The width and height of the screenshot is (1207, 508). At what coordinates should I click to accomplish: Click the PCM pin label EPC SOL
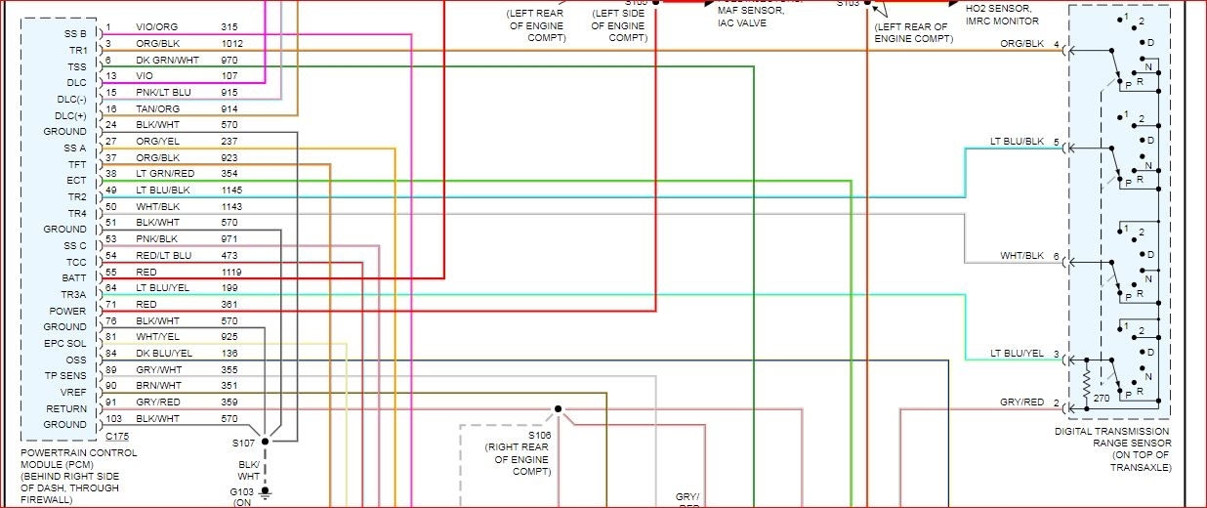[64, 343]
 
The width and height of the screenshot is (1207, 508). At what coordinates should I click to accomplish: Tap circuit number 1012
[231, 43]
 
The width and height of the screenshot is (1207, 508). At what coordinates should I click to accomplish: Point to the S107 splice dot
[265, 441]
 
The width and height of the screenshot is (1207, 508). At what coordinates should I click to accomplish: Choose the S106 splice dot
[558, 408]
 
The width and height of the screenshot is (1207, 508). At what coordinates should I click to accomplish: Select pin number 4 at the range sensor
[1056, 44]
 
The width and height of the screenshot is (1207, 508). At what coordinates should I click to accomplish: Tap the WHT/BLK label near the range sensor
[1021, 256]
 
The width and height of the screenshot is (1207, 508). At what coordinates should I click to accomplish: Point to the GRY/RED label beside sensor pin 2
[1021, 402]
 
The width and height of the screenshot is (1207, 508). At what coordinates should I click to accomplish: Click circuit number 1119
[231, 272]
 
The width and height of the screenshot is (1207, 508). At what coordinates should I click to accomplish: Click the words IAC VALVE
[741, 22]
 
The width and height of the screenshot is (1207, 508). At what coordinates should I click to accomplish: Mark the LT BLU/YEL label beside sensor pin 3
[1017, 354]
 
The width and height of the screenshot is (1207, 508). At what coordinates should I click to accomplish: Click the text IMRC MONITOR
[1005, 21]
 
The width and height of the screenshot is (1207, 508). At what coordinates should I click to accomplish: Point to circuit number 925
[229, 336]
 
